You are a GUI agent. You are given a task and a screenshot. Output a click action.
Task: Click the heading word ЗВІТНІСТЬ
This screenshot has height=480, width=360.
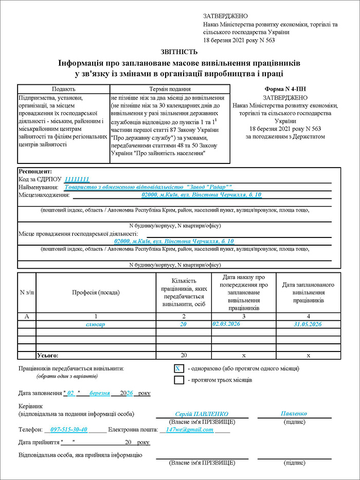coord(179,51)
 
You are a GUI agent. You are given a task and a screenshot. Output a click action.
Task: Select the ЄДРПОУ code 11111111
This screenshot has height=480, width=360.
coord(77,179)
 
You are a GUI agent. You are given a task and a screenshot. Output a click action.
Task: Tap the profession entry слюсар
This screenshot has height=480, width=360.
coord(96,324)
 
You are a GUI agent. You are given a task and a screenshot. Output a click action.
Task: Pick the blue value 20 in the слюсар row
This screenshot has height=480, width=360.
coord(183,324)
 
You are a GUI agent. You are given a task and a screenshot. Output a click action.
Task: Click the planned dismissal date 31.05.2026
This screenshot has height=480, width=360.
coord(308,324)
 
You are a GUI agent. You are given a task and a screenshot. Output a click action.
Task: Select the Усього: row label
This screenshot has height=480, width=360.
coord(48,355)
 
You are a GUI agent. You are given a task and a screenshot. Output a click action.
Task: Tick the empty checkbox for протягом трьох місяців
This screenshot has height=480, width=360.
coord(178,380)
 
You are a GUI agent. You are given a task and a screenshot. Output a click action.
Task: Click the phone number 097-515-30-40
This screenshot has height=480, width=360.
coord(69,429)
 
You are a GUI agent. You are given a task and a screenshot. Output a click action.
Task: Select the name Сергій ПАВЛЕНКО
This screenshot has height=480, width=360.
coord(202,414)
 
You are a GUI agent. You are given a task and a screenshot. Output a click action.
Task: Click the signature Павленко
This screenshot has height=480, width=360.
coord(294,413)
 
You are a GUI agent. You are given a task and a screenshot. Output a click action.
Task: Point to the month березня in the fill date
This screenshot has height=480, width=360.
coord(100,393)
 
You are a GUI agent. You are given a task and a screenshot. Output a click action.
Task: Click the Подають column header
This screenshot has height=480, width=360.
coord(63,88)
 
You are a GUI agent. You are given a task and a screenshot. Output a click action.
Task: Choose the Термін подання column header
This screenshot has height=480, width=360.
coord(169,88)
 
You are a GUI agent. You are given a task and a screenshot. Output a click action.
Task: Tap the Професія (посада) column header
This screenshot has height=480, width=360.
coord(95,292)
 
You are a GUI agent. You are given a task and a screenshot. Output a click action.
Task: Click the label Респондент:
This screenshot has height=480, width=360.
coord(35,172)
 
